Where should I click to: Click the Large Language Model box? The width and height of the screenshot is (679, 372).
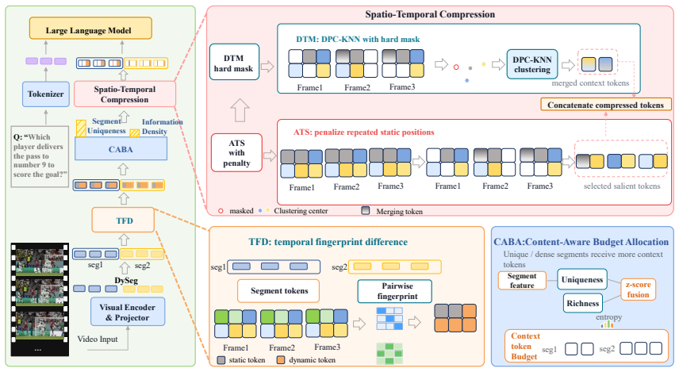pyautogui.click(x=90, y=28)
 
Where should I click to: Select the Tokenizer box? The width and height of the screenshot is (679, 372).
pyautogui.click(x=46, y=94)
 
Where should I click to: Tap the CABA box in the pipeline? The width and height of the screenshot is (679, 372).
pyautogui.click(x=121, y=149)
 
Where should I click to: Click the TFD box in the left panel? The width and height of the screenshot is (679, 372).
pyautogui.click(x=123, y=220)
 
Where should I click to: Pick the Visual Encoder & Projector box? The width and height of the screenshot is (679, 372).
pyautogui.click(x=128, y=312)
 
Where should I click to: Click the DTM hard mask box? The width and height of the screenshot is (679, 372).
pyautogui.click(x=234, y=62)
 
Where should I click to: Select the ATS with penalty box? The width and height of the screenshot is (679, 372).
pyautogui.click(x=236, y=152)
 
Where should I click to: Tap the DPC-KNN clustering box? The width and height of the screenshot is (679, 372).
pyautogui.click(x=532, y=64)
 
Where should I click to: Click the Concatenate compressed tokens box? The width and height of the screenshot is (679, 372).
pyautogui.click(x=606, y=105)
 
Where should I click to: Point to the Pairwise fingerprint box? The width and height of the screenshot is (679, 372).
pyautogui.click(x=394, y=291)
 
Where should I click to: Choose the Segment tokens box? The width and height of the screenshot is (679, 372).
pyautogui.click(x=278, y=290)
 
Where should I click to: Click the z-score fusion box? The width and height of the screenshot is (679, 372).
pyautogui.click(x=638, y=290)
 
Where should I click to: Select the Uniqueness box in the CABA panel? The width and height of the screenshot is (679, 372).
pyautogui.click(x=582, y=279)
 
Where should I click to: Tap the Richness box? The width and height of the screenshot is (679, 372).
pyautogui.click(x=582, y=303)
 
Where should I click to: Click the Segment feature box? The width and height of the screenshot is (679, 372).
pyautogui.click(x=522, y=281)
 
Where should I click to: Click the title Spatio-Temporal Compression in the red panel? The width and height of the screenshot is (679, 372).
pyautogui.click(x=430, y=14)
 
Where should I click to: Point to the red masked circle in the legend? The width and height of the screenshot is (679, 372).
pyautogui.click(x=221, y=211)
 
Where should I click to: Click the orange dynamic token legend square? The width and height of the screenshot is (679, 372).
pyautogui.click(x=281, y=360)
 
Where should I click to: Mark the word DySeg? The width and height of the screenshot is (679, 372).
pyautogui.click(x=126, y=280)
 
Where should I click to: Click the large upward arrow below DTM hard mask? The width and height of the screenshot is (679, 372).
pyautogui.click(x=240, y=110)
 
